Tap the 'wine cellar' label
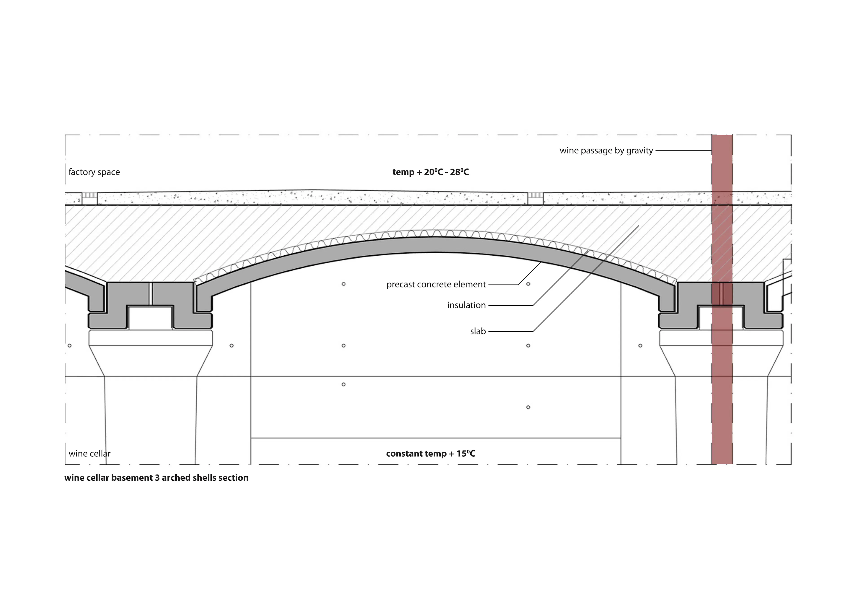click(x=90, y=454)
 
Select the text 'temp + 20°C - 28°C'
click(x=431, y=172)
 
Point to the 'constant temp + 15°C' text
click(x=431, y=454)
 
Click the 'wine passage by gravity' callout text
click(x=606, y=151)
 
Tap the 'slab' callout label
click(x=478, y=331)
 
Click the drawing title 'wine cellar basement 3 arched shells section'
click(x=156, y=478)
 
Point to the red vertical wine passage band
click(x=722, y=299)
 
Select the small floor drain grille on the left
click(x=89, y=195)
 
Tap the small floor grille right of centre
click(x=536, y=195)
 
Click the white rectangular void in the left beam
click(x=151, y=318)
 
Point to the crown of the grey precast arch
click(x=435, y=244)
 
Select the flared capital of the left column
click(x=151, y=353)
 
